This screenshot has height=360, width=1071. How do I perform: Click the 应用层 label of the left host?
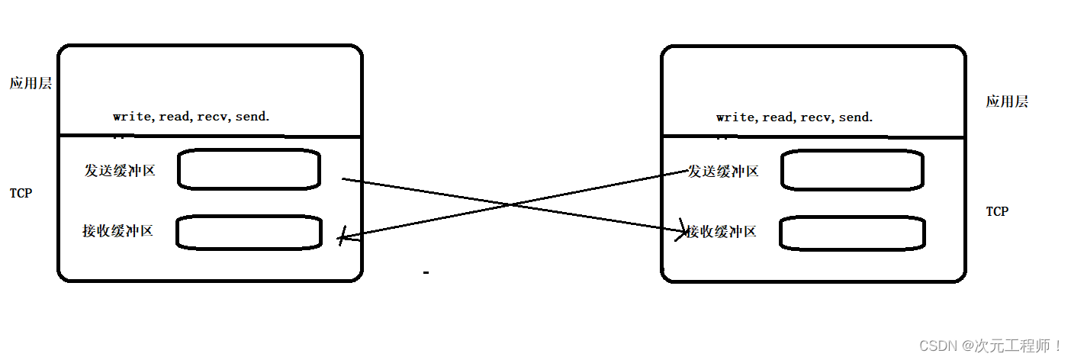point(31,84)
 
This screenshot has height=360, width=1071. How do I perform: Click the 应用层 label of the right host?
point(1007,101)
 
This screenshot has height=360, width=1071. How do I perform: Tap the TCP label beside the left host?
point(21,193)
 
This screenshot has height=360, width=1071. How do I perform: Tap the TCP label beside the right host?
point(997,211)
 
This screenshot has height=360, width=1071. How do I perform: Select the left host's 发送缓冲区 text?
point(120,171)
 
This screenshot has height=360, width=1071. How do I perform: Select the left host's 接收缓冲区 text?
point(117,230)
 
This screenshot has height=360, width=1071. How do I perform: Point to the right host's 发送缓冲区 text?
point(723,172)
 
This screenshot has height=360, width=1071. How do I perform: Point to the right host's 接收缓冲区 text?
point(721,231)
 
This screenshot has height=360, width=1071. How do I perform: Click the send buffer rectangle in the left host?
point(249,169)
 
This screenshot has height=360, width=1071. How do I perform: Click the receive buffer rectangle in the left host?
point(249,233)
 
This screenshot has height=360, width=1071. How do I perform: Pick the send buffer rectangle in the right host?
point(853,170)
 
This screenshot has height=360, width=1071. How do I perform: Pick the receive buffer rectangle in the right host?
point(852,233)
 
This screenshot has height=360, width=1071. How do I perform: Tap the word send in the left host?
point(251,117)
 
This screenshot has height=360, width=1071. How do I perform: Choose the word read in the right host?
point(777,117)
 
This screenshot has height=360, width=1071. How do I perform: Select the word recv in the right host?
point(815,117)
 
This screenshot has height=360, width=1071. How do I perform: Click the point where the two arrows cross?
point(510,204)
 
